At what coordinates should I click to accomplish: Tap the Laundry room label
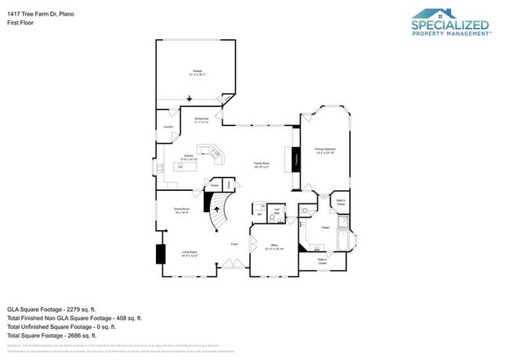pos(167,127)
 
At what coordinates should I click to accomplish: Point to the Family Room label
pos(262,164)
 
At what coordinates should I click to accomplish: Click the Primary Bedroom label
pos(325,149)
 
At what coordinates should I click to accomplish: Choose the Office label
pos(275,246)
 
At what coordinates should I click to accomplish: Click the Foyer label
pos(233,244)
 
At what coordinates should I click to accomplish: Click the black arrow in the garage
pos(188,98)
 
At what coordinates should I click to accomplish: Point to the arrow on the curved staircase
pos(217,210)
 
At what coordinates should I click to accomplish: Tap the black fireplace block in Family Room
pos(296,160)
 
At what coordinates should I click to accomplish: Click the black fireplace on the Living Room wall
pos(161,254)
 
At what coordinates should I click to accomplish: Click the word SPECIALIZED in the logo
pos(451,25)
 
